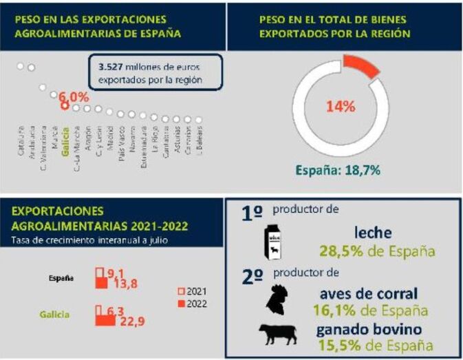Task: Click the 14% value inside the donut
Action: [341, 107]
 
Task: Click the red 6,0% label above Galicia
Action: [73, 96]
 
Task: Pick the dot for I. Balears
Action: [199, 120]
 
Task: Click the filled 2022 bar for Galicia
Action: [105, 320]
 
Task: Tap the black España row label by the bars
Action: [62, 279]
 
